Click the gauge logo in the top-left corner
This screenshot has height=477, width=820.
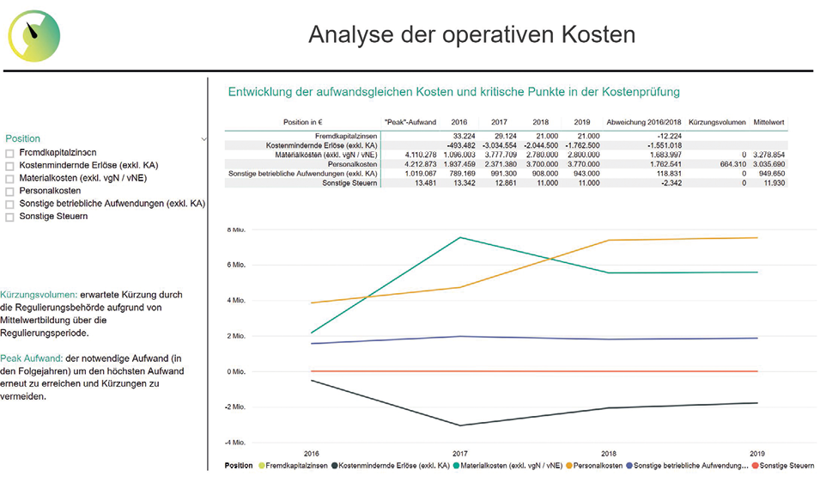point(34,35)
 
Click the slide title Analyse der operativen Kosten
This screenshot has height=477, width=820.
point(471,34)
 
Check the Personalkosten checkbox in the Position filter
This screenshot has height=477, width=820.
point(10,191)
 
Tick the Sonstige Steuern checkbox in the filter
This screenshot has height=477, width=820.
point(10,217)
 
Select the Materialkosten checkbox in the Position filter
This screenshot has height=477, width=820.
point(10,178)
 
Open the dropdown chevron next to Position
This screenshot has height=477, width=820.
point(203,138)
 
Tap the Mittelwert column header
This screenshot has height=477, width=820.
point(768,123)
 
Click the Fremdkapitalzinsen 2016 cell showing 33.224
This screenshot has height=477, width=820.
point(463,136)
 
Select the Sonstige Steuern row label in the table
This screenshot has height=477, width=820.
point(349,182)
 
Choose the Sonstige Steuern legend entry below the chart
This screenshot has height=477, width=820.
point(787,466)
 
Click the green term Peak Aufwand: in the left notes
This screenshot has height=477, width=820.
point(25,357)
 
